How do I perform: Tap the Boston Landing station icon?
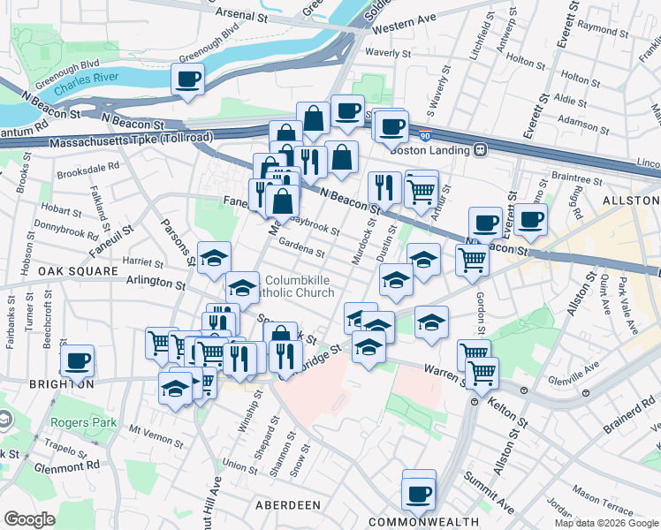[481, 149]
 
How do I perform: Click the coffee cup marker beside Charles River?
[187, 80]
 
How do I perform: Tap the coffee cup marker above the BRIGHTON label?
[77, 360]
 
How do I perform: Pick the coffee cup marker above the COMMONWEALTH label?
[419, 494]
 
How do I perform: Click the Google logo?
[29, 519]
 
